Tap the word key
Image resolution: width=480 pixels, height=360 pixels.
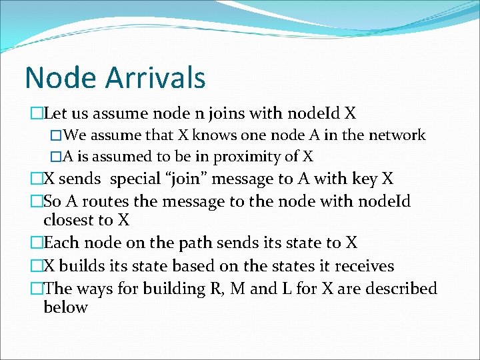pyautogui.click(x=360, y=179)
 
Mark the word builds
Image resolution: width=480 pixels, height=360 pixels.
pyautogui.click(x=82, y=266)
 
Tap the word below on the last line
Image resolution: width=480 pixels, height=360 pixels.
pyautogui.click(x=65, y=307)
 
